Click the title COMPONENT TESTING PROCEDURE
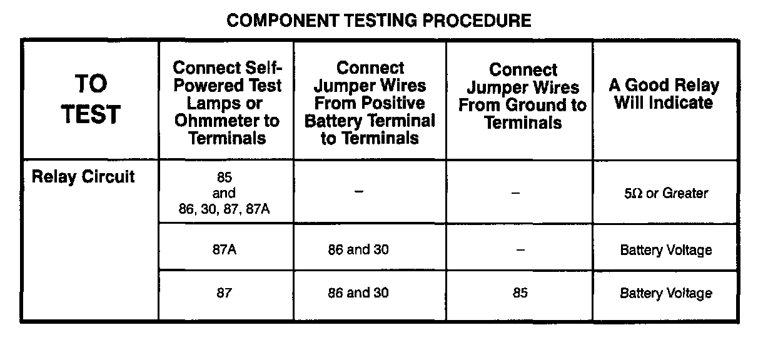pos(378,21)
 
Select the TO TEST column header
pos(91,99)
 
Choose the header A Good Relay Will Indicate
pos(664,94)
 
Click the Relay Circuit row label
pos(83,177)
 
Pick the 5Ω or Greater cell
pos(665,193)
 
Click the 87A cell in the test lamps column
pos(224,250)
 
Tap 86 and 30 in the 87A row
pos(358,250)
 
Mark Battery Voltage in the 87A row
pos(665,251)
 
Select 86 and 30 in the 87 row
pos(358,293)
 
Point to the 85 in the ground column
pos(520,293)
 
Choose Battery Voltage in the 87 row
pos(665,293)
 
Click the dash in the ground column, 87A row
pos(520,250)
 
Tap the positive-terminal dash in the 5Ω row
pos(358,191)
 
